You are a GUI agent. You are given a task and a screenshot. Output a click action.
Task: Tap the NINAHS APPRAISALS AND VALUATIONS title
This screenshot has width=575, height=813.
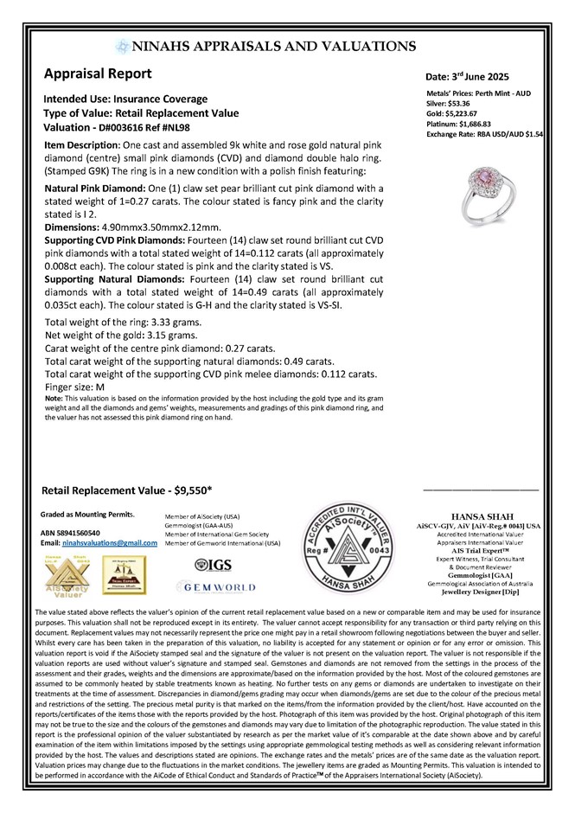(288, 46)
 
